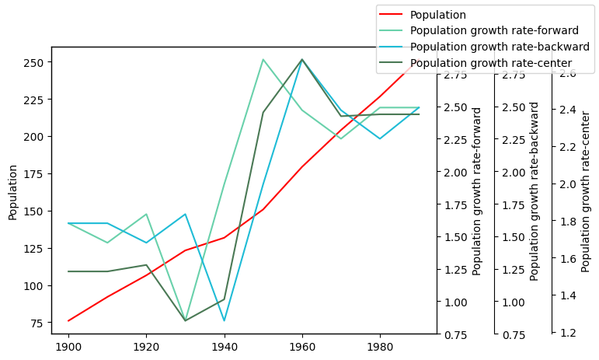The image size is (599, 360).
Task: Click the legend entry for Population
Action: click(437, 15)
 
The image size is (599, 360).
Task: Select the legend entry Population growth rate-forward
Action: click(494, 30)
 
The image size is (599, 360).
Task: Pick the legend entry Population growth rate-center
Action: click(491, 63)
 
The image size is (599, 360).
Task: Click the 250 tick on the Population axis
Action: click(37, 62)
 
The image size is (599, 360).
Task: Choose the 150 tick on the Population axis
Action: click(37, 211)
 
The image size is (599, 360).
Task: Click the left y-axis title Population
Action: click(13, 192)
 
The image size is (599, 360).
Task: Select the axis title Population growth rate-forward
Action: click(477, 191)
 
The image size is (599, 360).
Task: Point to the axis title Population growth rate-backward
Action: click(535, 191)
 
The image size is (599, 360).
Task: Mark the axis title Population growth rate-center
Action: click(586, 191)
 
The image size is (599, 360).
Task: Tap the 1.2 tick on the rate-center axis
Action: click(567, 333)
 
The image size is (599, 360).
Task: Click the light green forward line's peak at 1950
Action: click(263, 59)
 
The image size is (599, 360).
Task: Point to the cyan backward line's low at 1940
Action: click(225, 320)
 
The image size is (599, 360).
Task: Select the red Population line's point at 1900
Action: click(68, 320)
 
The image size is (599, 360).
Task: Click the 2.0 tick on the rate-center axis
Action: click(567, 184)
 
